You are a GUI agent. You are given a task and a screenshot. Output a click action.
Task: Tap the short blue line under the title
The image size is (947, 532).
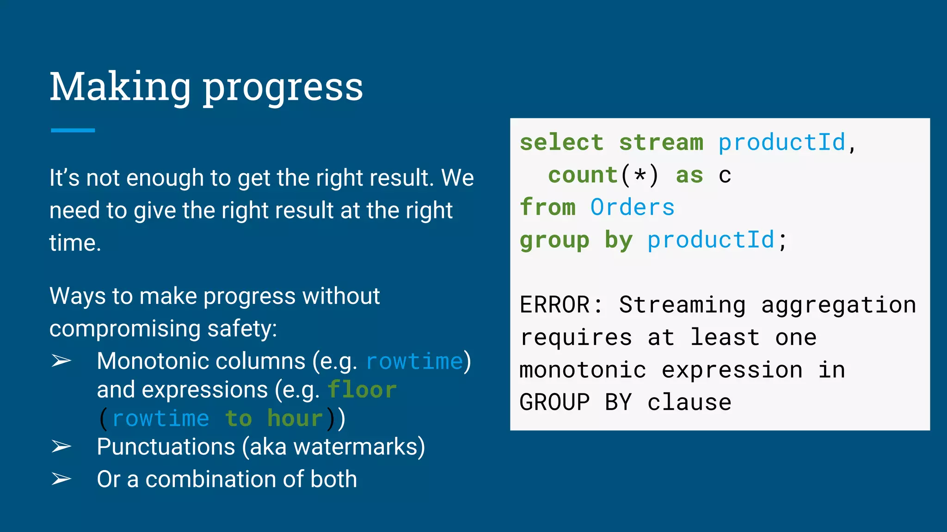[73, 130]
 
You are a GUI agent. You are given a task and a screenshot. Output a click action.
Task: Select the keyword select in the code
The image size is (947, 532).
[561, 142]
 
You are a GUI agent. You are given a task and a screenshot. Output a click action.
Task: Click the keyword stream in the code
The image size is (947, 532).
[661, 142]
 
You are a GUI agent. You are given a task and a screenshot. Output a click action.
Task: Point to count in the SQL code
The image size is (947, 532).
[583, 175]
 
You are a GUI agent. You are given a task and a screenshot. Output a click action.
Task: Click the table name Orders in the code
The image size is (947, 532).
[632, 207]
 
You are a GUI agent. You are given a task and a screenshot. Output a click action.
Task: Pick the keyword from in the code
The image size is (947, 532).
[547, 207]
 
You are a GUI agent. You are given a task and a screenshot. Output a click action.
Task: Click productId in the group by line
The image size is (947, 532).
[711, 240]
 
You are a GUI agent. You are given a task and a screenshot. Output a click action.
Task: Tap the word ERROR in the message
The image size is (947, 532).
[554, 305]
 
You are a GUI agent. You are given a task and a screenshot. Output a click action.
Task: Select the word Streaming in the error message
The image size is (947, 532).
[682, 305]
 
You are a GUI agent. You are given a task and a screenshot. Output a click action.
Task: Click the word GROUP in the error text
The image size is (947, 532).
[554, 402]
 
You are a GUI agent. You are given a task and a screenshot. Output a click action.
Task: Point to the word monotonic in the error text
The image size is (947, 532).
[583, 370]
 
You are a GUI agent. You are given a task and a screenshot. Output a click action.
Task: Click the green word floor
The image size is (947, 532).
[362, 390]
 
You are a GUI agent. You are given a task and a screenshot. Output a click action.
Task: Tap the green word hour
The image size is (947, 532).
[295, 418]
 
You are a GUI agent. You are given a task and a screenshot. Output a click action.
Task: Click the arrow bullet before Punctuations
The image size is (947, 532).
[61, 447]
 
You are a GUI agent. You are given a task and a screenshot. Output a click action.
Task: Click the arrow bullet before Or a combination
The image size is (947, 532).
[61, 479]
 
